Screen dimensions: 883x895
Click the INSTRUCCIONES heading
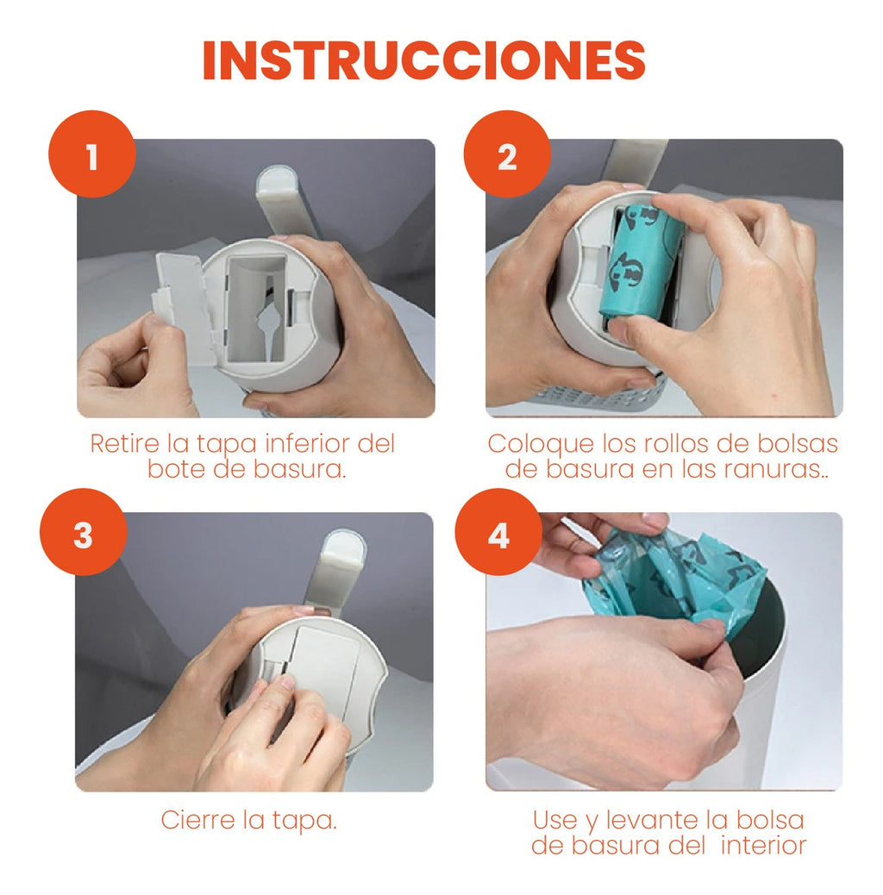[x=424, y=60]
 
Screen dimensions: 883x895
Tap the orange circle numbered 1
[x=92, y=154]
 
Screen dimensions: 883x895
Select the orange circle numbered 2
[x=507, y=154]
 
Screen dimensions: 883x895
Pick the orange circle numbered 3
[x=84, y=532]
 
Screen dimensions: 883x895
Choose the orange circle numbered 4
[x=498, y=532]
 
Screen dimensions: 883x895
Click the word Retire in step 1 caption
[x=125, y=443]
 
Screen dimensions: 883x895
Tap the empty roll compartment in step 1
[x=255, y=308]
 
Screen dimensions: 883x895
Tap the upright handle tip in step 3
[x=344, y=545]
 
